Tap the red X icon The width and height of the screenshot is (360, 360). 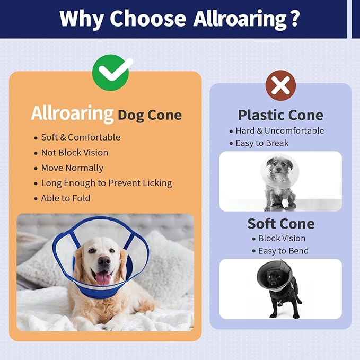point(281,84)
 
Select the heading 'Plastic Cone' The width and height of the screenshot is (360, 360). point(280,115)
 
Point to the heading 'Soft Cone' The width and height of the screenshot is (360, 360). point(280,223)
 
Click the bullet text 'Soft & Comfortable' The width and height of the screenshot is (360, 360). point(81,137)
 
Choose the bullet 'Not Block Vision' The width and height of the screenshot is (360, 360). point(75,153)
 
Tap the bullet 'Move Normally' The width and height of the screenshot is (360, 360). point(72,168)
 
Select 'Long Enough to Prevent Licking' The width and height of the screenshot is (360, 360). point(107,183)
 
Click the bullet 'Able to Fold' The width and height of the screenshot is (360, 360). point(66,198)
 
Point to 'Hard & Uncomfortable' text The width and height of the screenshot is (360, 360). point(280,131)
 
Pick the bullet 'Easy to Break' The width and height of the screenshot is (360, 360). point(262,143)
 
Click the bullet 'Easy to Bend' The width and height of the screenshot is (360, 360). point(283,251)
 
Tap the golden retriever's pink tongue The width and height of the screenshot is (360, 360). point(102,277)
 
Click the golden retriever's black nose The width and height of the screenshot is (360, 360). point(104,261)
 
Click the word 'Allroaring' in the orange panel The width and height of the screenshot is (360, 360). point(72,113)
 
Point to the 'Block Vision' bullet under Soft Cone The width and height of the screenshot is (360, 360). point(282,239)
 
